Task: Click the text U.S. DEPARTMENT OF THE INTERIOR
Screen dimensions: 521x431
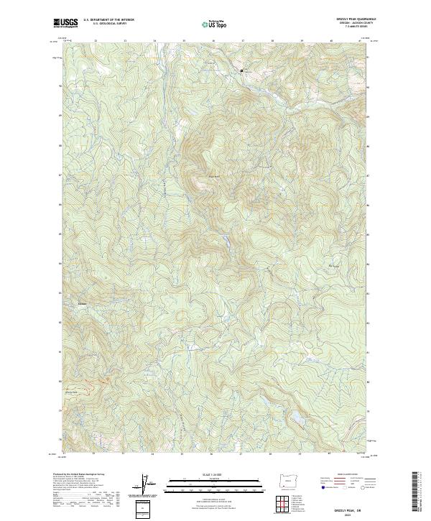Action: [108, 20]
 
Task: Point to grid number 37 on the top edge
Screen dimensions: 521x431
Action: [242, 40]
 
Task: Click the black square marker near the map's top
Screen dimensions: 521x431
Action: [241, 70]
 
